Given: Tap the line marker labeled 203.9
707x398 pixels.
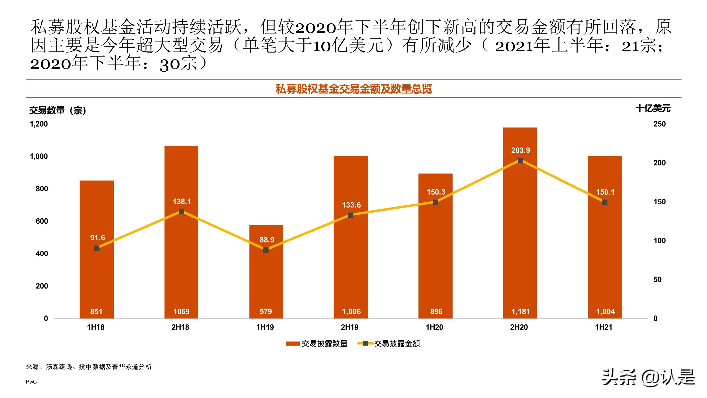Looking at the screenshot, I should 520,161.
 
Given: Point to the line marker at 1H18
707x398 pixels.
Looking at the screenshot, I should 97,248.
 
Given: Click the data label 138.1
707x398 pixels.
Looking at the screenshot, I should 182,202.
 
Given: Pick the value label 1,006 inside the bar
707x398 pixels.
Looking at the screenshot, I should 351,312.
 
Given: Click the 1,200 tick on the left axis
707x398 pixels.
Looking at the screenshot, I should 39,124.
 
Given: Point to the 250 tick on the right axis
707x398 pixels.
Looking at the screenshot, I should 659,124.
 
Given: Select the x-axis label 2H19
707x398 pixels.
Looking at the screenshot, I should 349,327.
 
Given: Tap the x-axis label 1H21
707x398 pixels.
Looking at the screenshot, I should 603,327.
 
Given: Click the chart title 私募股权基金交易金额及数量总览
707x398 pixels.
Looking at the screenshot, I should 353,89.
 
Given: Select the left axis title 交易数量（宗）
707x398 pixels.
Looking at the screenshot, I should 58,110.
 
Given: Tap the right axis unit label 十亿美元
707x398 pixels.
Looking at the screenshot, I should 653,109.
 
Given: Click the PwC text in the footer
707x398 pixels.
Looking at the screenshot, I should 31,382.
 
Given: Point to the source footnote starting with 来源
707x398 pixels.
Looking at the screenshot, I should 89,367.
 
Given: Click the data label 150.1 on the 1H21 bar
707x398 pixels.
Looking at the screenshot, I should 605,192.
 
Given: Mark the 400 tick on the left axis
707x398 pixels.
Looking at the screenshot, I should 42,253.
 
